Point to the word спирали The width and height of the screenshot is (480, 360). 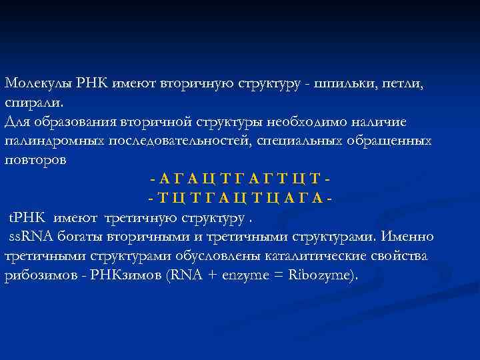pos(34,103)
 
